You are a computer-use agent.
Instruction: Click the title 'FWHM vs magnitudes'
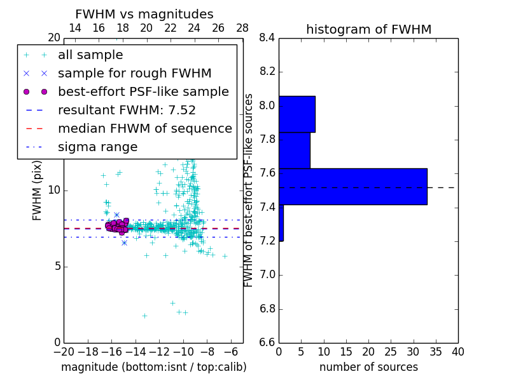tap(144, 14)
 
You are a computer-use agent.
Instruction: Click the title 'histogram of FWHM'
tap(368, 29)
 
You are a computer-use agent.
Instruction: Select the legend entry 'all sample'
tap(90, 55)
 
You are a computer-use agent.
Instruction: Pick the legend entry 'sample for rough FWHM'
tap(134, 74)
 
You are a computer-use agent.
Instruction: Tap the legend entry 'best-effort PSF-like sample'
tap(143, 92)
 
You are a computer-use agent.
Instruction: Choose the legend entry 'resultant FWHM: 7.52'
tap(127, 110)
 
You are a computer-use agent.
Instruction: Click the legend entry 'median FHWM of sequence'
tap(144, 129)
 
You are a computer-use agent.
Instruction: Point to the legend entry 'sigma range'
tap(97, 147)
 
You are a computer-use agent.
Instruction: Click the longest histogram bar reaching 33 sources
tap(352, 187)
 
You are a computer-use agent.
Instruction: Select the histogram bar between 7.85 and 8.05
tap(296, 114)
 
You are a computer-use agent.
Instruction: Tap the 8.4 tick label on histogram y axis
tap(267, 38)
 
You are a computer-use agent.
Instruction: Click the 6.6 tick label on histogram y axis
tap(267, 343)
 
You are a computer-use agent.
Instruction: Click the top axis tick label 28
tap(242, 28)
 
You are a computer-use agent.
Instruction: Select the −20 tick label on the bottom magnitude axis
tap(64, 352)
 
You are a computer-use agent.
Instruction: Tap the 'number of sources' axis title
tap(368, 367)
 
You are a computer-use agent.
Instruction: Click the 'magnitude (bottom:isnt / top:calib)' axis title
tap(153, 367)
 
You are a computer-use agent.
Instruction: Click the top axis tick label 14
tap(74, 28)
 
